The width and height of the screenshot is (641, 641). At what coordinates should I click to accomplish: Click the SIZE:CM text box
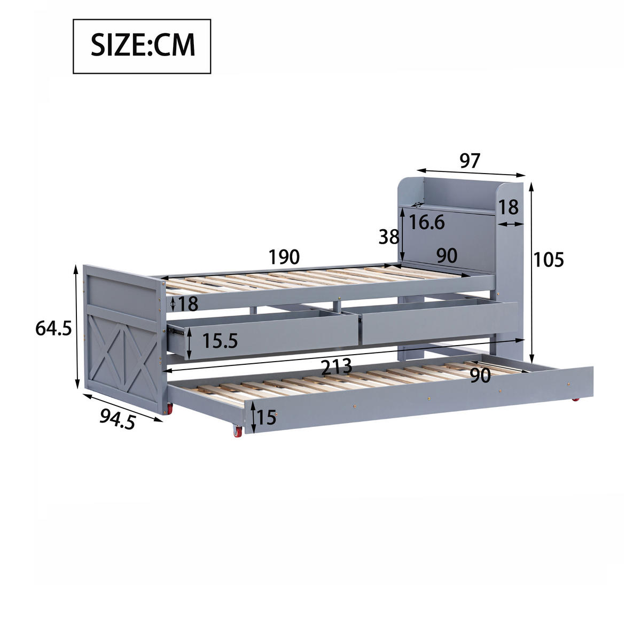tap(142, 46)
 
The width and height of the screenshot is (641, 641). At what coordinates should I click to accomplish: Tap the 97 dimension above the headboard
tap(470, 161)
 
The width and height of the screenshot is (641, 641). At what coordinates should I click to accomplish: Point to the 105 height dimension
tap(549, 260)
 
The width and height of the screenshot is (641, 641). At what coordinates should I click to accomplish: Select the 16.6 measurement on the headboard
tap(427, 222)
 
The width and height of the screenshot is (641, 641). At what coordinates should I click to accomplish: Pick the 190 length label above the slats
tap(284, 257)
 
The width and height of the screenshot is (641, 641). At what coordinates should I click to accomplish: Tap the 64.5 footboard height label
tap(53, 328)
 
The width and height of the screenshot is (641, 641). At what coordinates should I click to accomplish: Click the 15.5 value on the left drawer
tap(220, 341)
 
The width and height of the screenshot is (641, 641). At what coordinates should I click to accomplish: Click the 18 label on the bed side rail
tap(188, 304)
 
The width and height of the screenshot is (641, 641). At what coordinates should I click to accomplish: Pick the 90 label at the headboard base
tap(447, 256)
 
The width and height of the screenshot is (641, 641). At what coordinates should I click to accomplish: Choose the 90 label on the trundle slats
tap(480, 376)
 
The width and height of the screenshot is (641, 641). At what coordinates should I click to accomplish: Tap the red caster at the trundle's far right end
tap(575, 400)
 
